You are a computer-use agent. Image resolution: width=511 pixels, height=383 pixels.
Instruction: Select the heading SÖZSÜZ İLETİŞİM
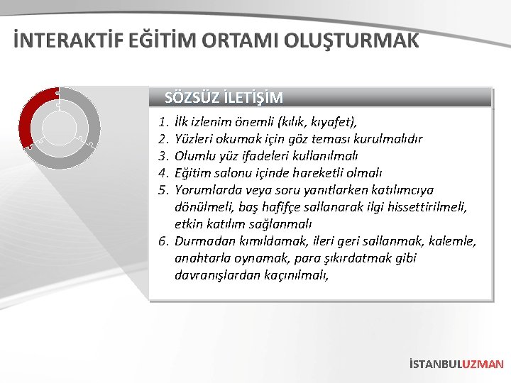tap(224, 97)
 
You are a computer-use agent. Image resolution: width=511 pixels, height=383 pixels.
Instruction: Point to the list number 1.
tap(163, 122)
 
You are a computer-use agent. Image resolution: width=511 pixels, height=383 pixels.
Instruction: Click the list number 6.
tap(163, 241)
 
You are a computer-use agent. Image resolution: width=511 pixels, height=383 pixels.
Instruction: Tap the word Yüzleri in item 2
tap(194, 139)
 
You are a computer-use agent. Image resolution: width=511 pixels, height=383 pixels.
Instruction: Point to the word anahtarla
tap(202, 258)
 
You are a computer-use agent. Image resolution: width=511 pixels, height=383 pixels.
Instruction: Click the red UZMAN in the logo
tap(483, 364)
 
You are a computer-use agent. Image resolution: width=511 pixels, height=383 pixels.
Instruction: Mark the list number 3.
tap(163, 156)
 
